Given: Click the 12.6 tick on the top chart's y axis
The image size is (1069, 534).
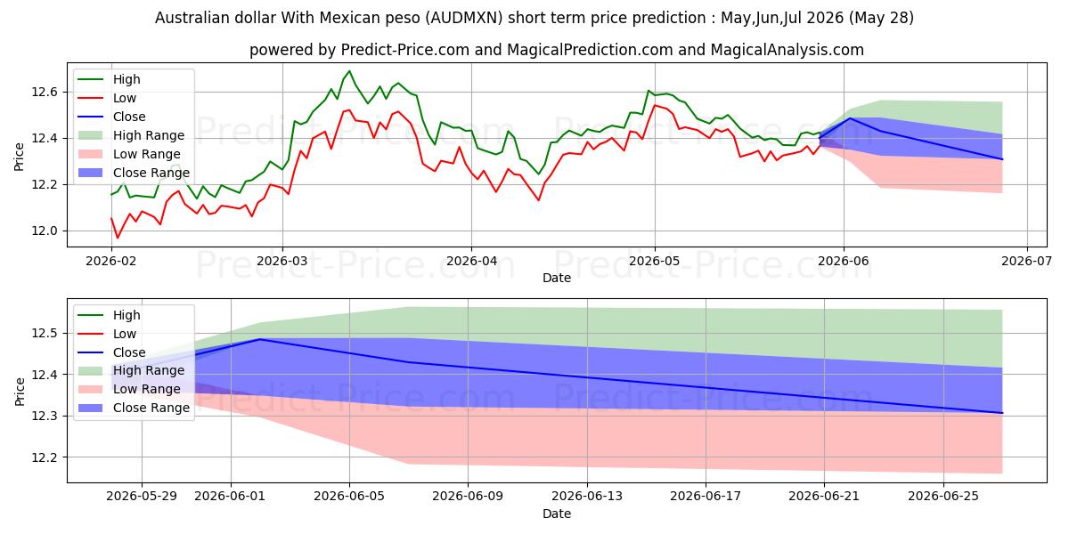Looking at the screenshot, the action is (45, 92).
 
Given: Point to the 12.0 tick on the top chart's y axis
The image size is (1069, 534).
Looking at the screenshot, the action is (45, 231).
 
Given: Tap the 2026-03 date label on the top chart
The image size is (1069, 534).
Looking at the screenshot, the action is (282, 262).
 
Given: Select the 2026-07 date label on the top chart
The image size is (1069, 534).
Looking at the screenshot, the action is (1026, 262).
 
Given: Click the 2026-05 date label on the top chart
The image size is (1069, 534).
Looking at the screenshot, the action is (655, 262).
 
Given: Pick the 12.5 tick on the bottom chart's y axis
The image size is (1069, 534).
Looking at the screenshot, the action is (45, 333).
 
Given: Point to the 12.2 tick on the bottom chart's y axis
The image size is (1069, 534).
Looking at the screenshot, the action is (45, 457).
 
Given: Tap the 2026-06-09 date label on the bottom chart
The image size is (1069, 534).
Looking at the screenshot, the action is (468, 497).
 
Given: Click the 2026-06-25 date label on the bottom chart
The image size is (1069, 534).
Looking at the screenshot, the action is (943, 497).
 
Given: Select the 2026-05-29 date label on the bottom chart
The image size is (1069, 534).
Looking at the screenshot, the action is (142, 497).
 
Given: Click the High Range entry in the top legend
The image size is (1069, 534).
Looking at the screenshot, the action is (149, 135).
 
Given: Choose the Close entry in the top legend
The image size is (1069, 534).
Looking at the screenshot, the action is (129, 117).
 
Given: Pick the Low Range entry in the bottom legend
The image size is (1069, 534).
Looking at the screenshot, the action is (146, 390).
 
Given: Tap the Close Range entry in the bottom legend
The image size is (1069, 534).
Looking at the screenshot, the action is (151, 409).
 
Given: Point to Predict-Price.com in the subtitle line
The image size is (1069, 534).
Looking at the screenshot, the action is (405, 50).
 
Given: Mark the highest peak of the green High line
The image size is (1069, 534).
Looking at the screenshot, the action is (349, 71).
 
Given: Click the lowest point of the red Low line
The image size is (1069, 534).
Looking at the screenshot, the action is (118, 238).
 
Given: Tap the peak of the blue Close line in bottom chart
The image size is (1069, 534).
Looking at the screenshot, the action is (259, 339).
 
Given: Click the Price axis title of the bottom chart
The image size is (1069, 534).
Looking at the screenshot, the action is (20, 392).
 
